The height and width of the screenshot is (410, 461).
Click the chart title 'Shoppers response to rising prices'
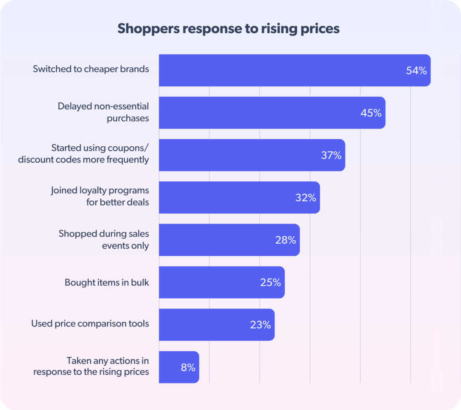228,29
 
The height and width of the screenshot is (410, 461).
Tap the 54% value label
416,71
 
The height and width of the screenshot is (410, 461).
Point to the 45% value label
371,113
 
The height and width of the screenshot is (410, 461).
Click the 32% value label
305,197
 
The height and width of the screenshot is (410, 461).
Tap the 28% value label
286,240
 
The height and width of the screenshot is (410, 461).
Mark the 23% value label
260,325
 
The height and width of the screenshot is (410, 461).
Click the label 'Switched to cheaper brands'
91,69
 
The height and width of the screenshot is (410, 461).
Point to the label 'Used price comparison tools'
90,324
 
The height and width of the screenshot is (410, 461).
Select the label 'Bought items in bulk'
107,282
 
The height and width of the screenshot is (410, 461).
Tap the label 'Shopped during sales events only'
104,239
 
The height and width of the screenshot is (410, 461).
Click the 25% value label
270,282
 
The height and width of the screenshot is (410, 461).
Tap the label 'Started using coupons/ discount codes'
84,154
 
